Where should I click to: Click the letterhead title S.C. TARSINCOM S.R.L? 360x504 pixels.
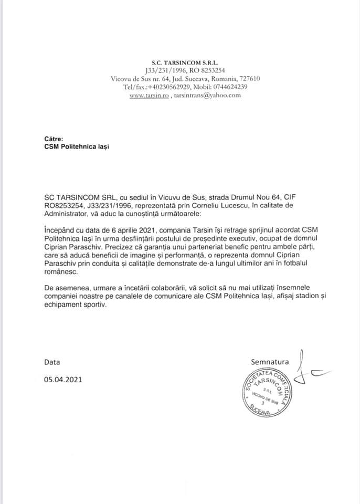(180, 61)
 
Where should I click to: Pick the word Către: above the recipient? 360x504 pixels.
(54, 140)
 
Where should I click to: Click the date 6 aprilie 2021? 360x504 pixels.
(117, 230)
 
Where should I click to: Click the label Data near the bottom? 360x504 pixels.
(52, 362)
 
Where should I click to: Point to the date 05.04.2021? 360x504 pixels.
(63, 379)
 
